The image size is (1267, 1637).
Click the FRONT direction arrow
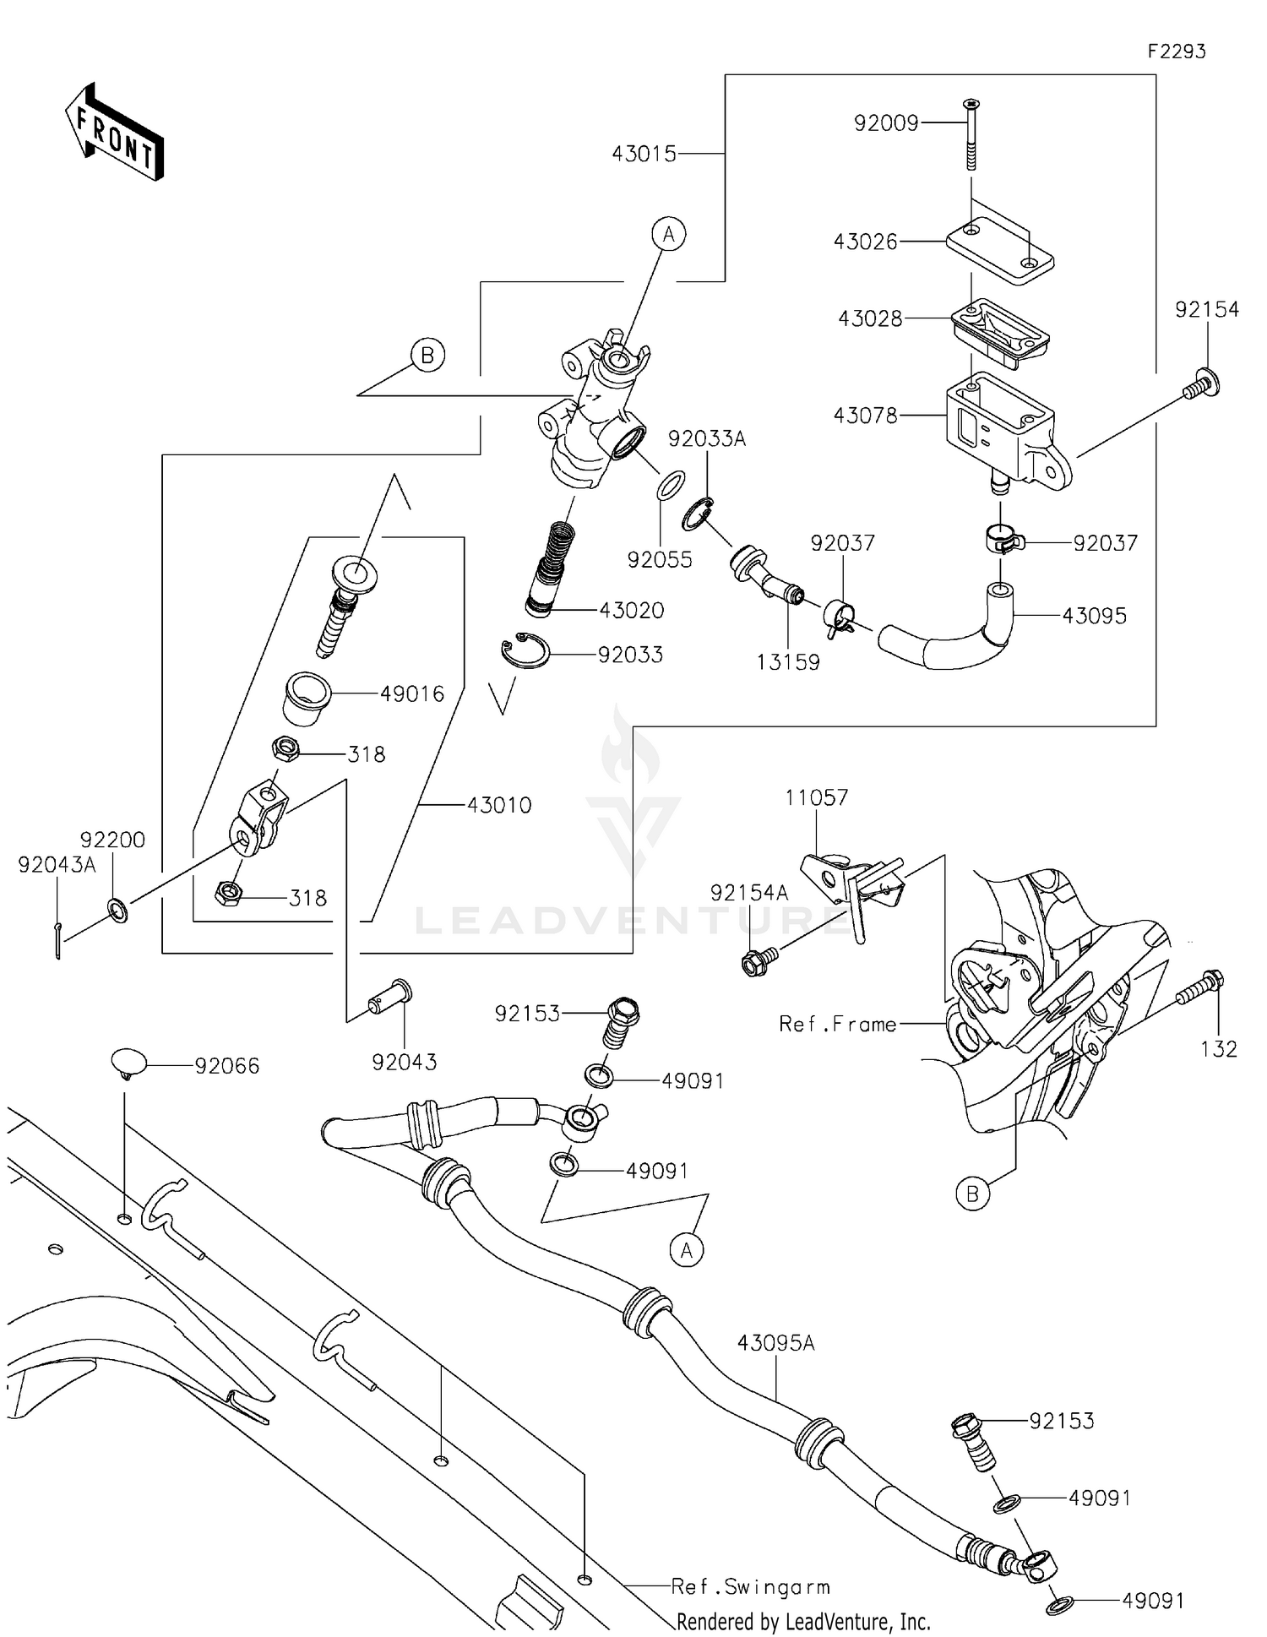114,133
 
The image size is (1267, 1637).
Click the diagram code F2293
1176,52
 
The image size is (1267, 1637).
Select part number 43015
644,154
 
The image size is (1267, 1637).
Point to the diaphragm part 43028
1000,331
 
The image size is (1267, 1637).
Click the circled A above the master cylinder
668,234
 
